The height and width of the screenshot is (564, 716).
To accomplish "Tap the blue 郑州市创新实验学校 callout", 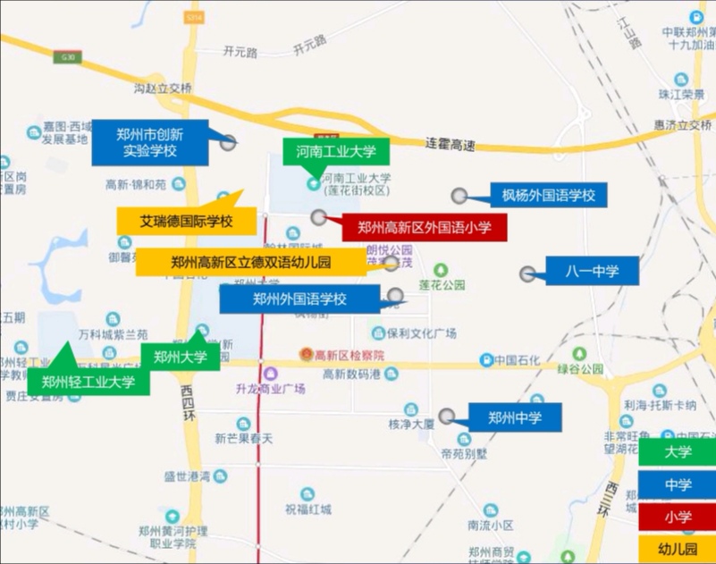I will click(x=149, y=142).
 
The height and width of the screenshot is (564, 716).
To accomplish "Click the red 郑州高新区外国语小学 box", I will click(x=425, y=228).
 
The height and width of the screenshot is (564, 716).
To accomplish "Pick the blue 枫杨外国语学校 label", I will click(x=548, y=195).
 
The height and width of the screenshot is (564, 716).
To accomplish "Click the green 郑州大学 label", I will click(x=180, y=358).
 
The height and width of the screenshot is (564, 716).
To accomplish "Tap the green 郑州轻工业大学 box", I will click(x=88, y=383).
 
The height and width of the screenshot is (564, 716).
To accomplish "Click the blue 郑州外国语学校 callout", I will click(x=299, y=299).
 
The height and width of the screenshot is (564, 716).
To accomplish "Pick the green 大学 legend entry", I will click(x=677, y=452).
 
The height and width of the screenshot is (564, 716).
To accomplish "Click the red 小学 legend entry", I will click(x=677, y=517).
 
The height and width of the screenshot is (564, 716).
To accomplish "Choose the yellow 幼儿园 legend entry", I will click(x=677, y=548).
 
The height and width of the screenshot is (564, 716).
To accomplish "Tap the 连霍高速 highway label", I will click(x=450, y=142).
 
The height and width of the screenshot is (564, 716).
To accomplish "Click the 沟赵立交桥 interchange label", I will click(x=163, y=88).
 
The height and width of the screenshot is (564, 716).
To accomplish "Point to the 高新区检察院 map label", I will click(x=344, y=355).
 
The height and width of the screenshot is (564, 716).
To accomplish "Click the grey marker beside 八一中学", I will click(x=529, y=274).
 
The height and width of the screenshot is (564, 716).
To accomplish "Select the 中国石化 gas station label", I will click(x=518, y=359).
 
